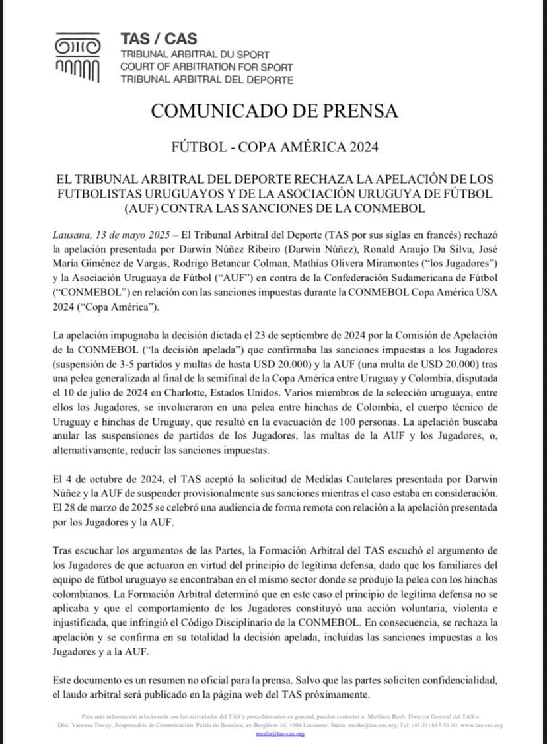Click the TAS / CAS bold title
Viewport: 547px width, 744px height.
point(159,39)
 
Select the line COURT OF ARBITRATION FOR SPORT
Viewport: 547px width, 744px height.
point(207,67)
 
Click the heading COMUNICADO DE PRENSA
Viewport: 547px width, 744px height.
point(274,110)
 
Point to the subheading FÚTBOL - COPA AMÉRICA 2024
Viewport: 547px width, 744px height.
point(274,147)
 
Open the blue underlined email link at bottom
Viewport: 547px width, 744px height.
point(274,733)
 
